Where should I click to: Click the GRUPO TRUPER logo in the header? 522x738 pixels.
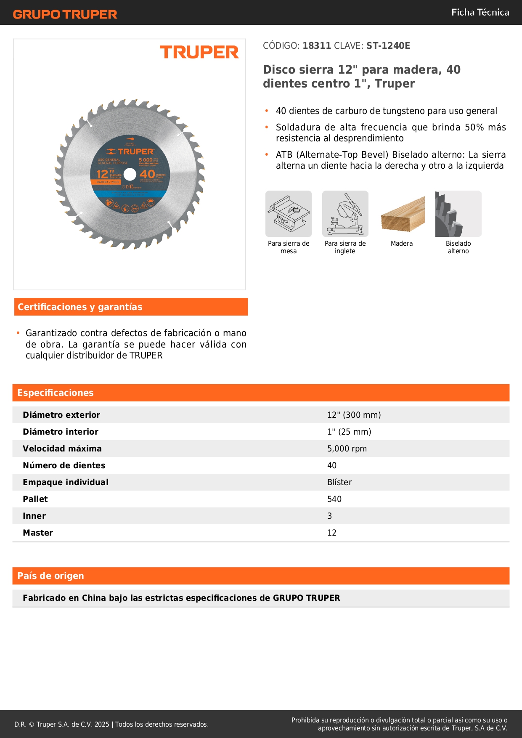(x=65, y=14)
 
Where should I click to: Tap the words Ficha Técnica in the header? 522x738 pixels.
(x=480, y=12)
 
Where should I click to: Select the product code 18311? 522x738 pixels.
(x=317, y=46)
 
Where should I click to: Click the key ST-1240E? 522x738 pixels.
(x=388, y=46)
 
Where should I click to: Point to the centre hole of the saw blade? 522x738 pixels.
(x=130, y=174)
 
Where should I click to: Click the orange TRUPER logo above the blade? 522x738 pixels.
(x=199, y=52)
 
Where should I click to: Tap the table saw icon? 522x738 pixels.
(x=289, y=214)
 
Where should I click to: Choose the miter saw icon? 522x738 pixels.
(x=345, y=214)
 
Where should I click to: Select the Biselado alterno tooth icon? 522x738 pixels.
(x=458, y=214)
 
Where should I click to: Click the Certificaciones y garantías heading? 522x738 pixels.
(x=80, y=307)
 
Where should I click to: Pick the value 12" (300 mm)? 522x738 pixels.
(x=354, y=415)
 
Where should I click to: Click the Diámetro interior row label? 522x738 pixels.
(x=61, y=432)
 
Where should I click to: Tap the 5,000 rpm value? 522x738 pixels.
(x=347, y=449)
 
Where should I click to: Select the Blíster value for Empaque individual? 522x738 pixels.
(x=339, y=482)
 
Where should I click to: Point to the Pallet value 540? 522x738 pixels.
(x=334, y=499)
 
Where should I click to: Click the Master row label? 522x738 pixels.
(x=38, y=533)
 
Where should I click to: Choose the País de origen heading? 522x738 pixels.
(x=50, y=576)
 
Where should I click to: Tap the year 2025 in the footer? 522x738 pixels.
(x=102, y=724)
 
